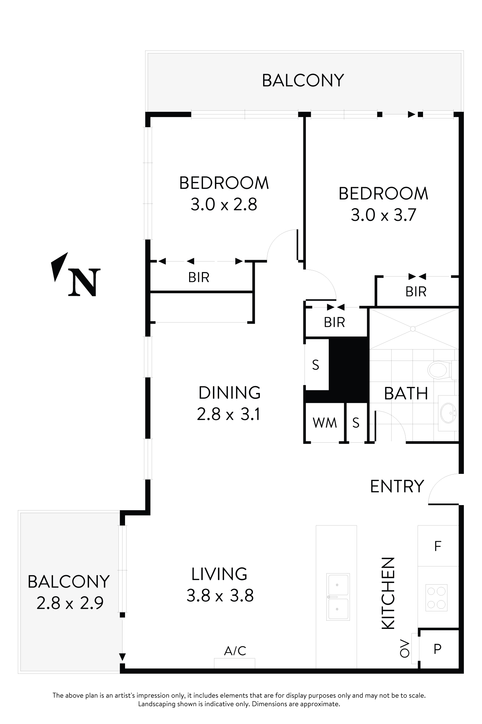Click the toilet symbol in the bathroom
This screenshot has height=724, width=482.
tap(438, 370)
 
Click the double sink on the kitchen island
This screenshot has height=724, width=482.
tap(338, 597)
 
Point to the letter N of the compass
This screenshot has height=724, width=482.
tap(84, 283)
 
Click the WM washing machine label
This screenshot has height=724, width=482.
tap(325, 423)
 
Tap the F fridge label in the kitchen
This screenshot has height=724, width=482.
tap(437, 546)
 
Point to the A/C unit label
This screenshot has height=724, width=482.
tap(235, 651)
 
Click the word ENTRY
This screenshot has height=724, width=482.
tap(397, 486)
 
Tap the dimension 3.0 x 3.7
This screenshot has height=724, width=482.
tap(383, 215)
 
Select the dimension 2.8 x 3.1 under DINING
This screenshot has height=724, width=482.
tap(229, 414)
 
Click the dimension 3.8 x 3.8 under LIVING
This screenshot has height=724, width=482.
tap(220, 595)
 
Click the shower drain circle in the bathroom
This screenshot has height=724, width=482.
tap(413, 329)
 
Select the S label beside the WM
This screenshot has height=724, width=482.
tap(356, 423)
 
